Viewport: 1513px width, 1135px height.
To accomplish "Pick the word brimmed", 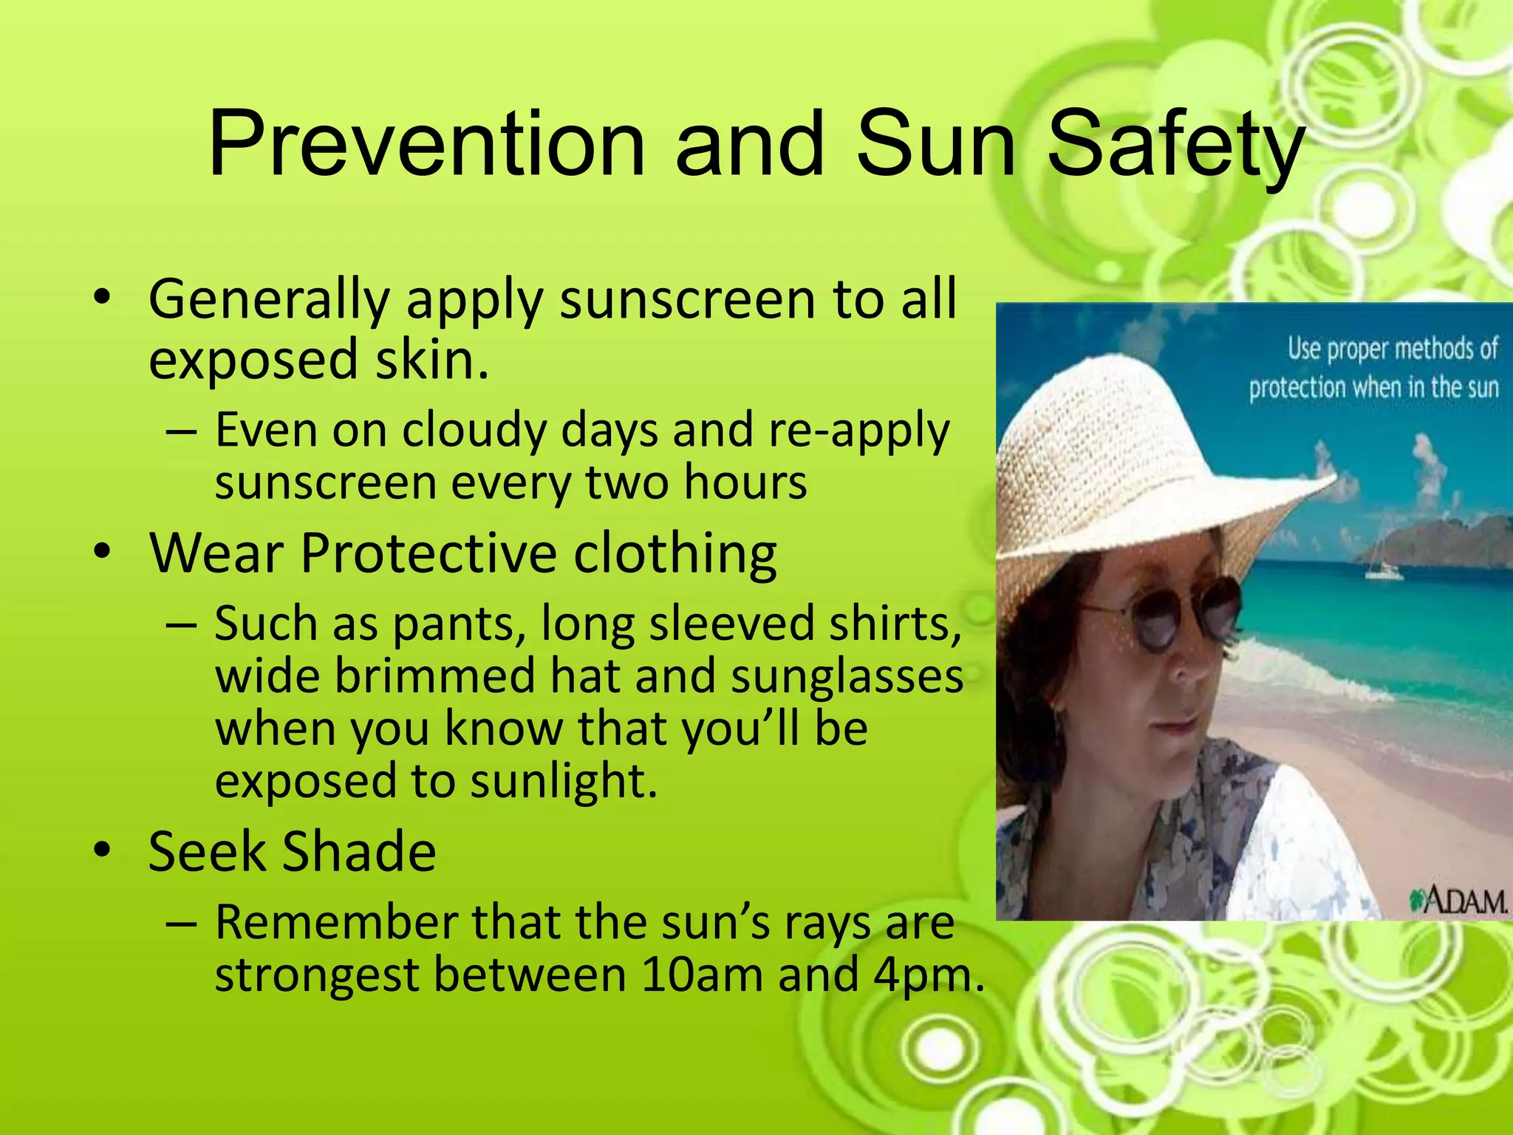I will point(434,676).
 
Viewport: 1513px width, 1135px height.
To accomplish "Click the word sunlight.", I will point(563,782).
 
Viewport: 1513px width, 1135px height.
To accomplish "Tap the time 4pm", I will point(928,975).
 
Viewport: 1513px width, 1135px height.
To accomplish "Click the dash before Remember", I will point(182,924).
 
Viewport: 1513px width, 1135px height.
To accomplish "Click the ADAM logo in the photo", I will point(1457,900).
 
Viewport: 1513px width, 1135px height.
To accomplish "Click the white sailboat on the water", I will point(1383,565).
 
